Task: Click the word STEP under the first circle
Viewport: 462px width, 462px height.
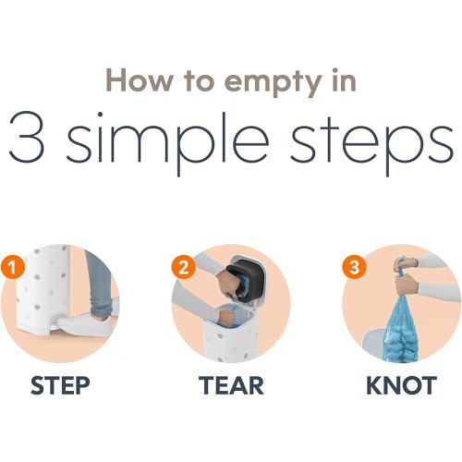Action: (60, 385)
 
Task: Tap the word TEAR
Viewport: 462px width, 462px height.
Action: (231, 385)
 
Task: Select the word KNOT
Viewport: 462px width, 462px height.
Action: (401, 385)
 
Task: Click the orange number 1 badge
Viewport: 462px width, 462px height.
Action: (12, 267)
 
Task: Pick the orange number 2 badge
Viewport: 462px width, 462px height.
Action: (184, 267)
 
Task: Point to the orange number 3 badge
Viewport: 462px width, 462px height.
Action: (354, 267)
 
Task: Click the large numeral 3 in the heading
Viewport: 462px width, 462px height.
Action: (27, 138)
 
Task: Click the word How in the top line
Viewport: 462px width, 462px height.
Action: (140, 79)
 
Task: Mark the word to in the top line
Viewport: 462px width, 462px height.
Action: (199, 80)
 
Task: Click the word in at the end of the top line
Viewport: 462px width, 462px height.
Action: (344, 79)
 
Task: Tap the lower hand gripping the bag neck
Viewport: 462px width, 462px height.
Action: (407, 285)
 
